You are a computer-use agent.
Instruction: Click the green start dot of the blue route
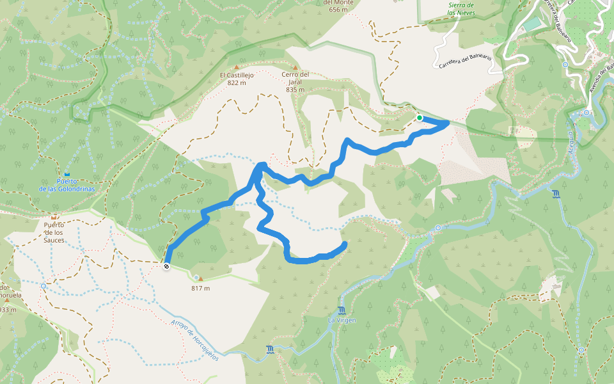click(x=420, y=118)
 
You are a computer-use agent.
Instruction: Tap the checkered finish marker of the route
click(x=166, y=266)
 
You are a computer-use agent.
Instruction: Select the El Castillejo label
click(x=237, y=79)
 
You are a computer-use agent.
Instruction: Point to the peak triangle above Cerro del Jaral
click(x=295, y=67)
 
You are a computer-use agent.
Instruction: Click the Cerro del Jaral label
click(x=295, y=82)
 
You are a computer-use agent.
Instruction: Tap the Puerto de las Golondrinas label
click(x=67, y=186)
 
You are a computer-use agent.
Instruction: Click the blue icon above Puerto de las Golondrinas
click(x=67, y=174)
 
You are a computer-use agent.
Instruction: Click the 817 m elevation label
click(x=200, y=288)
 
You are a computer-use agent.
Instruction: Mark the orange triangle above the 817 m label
click(x=200, y=279)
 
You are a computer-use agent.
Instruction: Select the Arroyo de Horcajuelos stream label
click(x=194, y=340)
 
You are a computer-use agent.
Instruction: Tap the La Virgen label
click(x=342, y=320)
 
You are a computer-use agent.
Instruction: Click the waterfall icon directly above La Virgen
click(x=342, y=310)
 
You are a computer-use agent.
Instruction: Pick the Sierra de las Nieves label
click(x=462, y=8)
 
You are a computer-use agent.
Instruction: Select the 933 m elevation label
click(x=8, y=310)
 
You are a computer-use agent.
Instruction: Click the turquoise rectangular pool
click(x=532, y=24)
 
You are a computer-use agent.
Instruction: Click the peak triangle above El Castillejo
click(x=237, y=67)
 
